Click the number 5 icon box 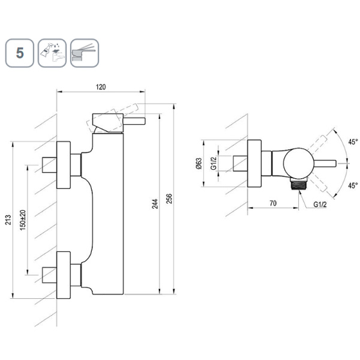pyautogui.click(x=20, y=53)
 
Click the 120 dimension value pyautogui.click(x=100, y=87)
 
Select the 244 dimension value pyautogui.click(x=155, y=205)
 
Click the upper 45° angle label pyautogui.click(x=352, y=142)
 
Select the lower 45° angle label pyautogui.click(x=352, y=185)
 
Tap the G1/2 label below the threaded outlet pyautogui.click(x=322, y=204)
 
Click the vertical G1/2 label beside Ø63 pyautogui.click(x=214, y=164)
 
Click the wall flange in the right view pyautogui.click(x=254, y=163)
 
